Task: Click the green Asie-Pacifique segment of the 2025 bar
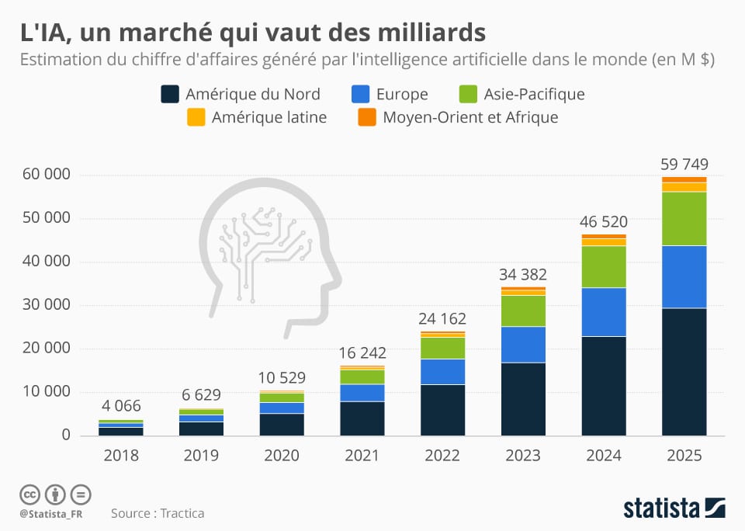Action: pyautogui.click(x=684, y=219)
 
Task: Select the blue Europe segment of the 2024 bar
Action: pyautogui.click(x=603, y=312)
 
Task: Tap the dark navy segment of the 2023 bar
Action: pyautogui.click(x=522, y=399)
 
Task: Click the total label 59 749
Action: pyautogui.click(x=684, y=165)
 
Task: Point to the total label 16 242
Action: pyautogui.click(x=362, y=353)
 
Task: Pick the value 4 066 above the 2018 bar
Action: pyautogui.click(x=120, y=406)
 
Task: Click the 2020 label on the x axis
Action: pyautogui.click(x=281, y=456)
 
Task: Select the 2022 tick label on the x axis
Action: pyautogui.click(x=442, y=456)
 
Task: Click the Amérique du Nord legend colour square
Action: pyautogui.click(x=170, y=95)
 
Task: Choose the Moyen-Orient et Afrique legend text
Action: pyautogui.click(x=470, y=118)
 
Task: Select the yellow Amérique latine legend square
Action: pyautogui.click(x=197, y=118)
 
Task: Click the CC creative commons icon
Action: pyautogui.click(x=29, y=494)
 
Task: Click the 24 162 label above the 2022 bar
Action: pyautogui.click(x=442, y=318)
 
